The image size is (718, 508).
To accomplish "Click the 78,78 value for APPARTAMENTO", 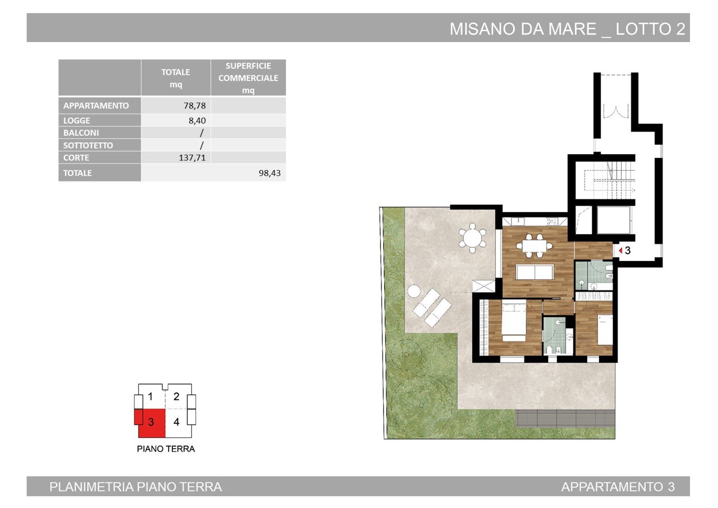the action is (194, 106).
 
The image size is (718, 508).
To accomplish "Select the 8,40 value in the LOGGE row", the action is (197, 120).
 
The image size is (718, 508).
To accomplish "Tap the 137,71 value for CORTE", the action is (192, 157).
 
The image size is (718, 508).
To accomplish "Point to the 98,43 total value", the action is (270, 173).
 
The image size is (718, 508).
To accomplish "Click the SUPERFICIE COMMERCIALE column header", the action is (248, 78).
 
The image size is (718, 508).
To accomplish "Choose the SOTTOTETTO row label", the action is (88, 146).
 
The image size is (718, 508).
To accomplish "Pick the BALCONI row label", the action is (81, 133).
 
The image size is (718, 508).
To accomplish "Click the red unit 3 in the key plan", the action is (151, 423).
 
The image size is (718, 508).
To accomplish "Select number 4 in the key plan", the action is (176, 422).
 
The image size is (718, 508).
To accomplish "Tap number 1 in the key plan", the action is (150, 397).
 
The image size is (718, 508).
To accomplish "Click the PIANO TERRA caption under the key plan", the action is (166, 449).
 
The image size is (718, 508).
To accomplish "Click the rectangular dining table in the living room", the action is (534, 246).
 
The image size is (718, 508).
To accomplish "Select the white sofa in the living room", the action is (534, 272).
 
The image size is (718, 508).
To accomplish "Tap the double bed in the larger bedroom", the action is (514, 321).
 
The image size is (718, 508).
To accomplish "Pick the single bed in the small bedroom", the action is (605, 330).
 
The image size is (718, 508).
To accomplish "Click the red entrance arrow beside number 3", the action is (621, 251).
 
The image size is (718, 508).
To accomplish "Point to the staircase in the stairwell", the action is (610, 180).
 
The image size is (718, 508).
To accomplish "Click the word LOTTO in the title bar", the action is (643, 29).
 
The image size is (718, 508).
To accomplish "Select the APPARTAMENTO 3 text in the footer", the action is (618, 487).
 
